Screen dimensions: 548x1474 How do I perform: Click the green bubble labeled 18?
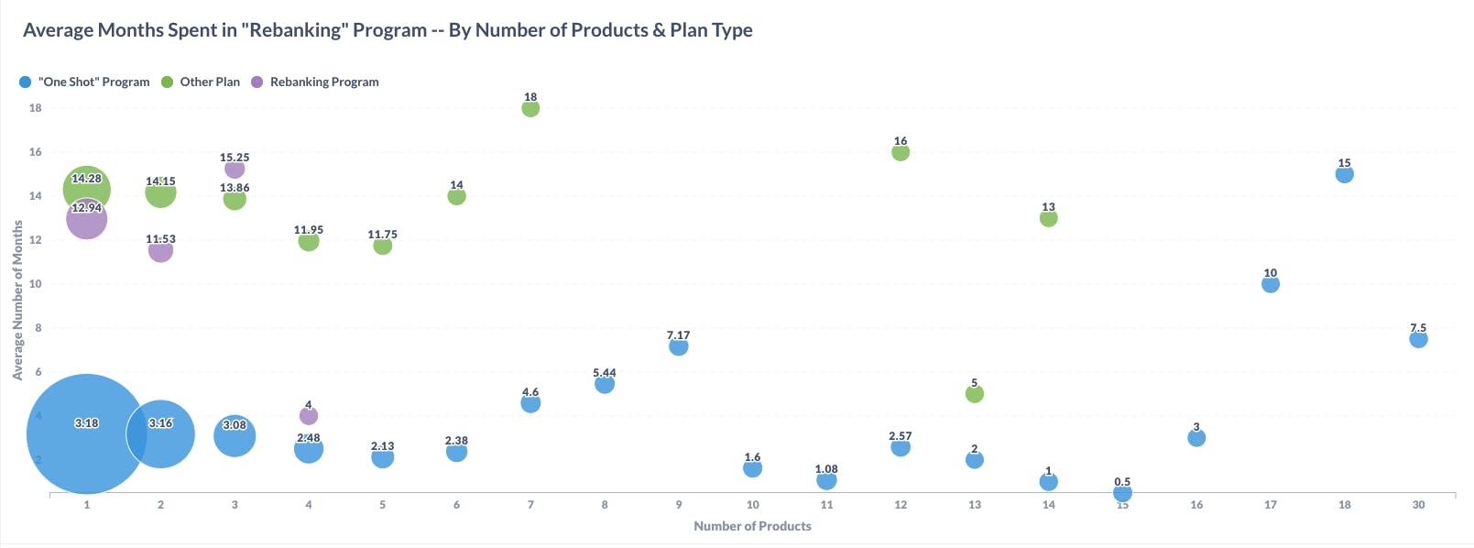(530, 108)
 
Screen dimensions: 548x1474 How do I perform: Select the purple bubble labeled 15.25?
(235, 169)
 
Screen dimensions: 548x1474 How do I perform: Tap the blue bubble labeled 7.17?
(679, 346)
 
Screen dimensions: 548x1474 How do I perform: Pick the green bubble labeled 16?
(901, 152)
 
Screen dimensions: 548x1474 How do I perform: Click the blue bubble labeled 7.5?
(1418, 339)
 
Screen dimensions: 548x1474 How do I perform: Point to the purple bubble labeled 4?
(309, 416)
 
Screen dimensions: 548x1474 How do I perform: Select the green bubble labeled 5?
(975, 394)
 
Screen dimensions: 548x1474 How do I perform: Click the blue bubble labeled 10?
(1271, 284)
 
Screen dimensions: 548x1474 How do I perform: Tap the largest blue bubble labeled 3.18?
(86, 434)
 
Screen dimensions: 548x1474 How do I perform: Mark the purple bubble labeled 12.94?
(86, 219)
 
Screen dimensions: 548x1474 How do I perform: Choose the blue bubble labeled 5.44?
(605, 384)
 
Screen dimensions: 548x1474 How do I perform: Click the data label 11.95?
(309, 230)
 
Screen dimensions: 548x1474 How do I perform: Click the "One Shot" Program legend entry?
(84, 82)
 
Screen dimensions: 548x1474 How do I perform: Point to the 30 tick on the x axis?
(1418, 505)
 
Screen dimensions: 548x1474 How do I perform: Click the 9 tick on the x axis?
(679, 505)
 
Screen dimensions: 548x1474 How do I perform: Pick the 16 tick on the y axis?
(36, 152)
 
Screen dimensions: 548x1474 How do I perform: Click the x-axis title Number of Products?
(752, 526)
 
